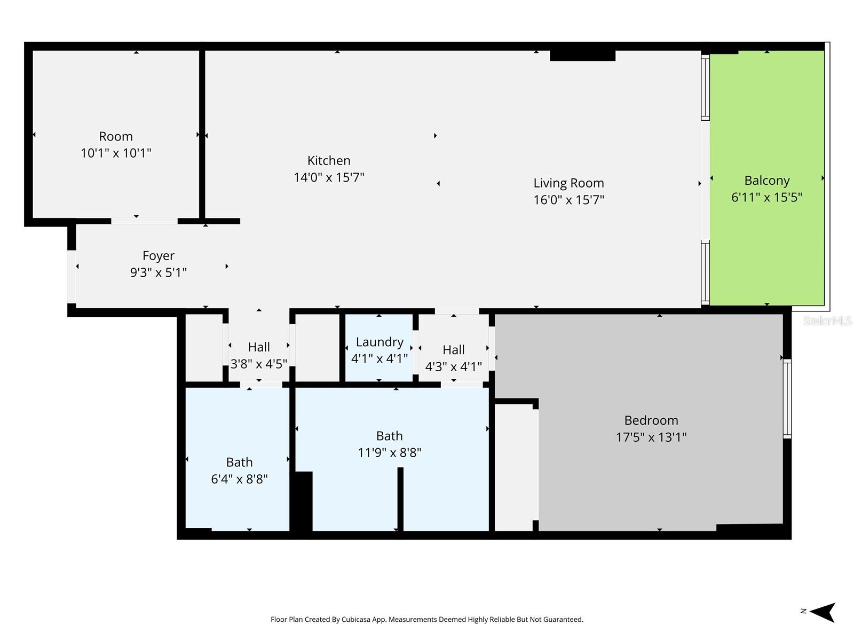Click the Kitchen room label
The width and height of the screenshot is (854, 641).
(329, 161)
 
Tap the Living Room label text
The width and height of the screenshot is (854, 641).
(568, 183)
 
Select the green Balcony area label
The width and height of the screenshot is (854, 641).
(766, 181)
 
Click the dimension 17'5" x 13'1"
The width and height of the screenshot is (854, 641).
(651, 437)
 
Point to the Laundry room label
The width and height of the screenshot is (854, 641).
(379, 342)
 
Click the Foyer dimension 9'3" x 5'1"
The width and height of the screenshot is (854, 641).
(158, 273)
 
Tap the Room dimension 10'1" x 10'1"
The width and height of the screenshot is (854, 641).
(116, 153)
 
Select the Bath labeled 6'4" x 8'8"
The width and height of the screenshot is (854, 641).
(239, 463)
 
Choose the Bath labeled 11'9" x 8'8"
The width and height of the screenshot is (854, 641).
(389, 436)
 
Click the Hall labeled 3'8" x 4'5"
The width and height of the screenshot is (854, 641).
(259, 347)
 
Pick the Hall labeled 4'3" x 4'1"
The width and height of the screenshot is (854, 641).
(453, 350)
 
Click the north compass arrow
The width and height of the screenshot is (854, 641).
(823, 612)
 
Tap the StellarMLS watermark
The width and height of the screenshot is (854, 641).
(827, 320)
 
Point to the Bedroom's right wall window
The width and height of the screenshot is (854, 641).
(787, 398)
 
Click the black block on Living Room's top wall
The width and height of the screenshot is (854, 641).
(582, 55)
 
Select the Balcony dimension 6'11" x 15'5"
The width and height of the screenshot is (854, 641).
(766, 198)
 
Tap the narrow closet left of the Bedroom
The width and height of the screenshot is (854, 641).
(513, 467)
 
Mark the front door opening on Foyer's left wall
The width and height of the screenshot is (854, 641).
(71, 277)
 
